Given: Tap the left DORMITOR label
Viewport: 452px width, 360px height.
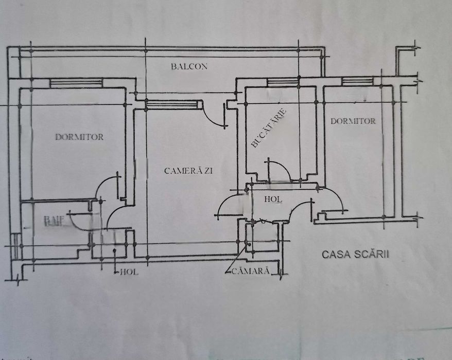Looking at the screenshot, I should [x=79, y=137].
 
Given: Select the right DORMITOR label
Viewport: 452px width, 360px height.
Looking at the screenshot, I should [x=353, y=121].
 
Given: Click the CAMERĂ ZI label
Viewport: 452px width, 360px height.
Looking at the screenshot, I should [x=188, y=171].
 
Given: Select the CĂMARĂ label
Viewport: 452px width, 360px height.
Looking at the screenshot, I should [x=251, y=271].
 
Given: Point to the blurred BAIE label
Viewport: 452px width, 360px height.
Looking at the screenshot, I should [x=54, y=221].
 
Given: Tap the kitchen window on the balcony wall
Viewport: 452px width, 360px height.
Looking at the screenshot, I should [x=283, y=82].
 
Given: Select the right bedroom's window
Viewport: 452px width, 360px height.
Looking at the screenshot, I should [x=357, y=82].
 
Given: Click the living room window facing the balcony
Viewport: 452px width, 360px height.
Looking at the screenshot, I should [x=171, y=105].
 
